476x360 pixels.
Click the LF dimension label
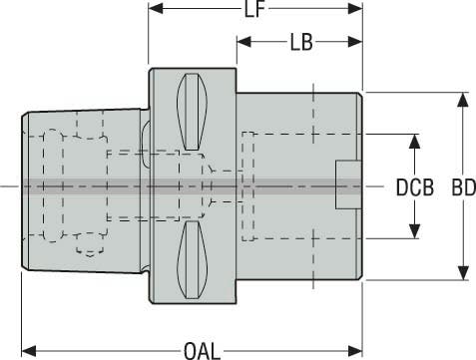(x=254, y=9)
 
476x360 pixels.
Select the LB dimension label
(x=301, y=42)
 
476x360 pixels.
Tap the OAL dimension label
(x=203, y=351)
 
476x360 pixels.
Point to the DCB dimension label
(x=415, y=187)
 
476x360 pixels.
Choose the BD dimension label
(x=464, y=187)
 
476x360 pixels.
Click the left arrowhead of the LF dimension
(x=156, y=8)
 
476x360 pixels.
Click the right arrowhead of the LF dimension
(x=355, y=8)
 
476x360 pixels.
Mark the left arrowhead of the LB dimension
(x=244, y=42)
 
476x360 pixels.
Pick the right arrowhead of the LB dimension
(x=355, y=42)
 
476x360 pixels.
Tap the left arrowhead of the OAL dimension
(x=29, y=351)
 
